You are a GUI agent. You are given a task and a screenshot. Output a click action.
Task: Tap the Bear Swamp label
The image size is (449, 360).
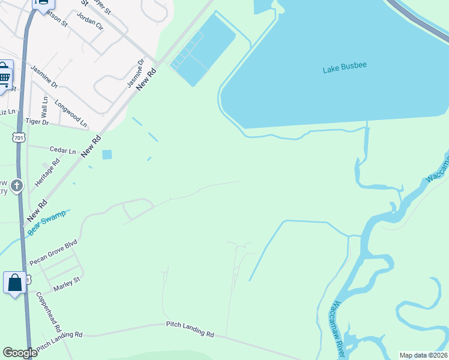(46, 223)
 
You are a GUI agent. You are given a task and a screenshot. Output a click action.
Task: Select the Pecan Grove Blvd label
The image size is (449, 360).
(54, 255)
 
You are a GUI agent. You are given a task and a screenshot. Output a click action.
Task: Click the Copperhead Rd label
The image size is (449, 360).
(48, 312)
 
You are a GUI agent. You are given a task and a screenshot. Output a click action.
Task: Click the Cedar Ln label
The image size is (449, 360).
(63, 150)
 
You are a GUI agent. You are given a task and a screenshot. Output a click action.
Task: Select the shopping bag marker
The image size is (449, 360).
(15, 282)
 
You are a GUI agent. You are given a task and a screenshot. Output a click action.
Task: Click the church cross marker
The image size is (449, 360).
(17, 186)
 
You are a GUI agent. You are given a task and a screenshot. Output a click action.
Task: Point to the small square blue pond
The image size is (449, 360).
(107, 155)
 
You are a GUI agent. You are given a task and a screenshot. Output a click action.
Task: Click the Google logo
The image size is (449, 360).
(20, 353)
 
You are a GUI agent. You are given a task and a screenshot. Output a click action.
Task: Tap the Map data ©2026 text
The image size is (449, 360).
(423, 355)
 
